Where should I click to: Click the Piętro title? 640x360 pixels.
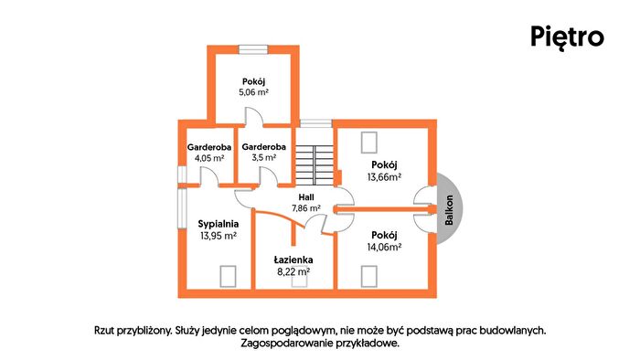567,37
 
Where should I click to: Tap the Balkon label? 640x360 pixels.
449,210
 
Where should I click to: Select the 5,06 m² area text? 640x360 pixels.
253,92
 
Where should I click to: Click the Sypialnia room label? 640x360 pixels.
219,224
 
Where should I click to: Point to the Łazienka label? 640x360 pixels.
293,259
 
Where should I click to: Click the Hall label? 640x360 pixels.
306,197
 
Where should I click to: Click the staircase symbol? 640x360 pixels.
315,164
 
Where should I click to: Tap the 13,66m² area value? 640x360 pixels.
384,177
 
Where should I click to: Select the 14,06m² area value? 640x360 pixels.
384,247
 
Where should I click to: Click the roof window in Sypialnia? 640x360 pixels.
228,276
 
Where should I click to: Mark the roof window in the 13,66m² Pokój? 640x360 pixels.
369,143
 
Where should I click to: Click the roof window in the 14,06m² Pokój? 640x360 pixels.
369,276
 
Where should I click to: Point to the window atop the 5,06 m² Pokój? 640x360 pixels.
253,49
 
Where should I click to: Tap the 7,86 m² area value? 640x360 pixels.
306,208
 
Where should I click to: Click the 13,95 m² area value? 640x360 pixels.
219,236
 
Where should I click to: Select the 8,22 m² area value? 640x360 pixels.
293,271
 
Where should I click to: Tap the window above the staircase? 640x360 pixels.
316,123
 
